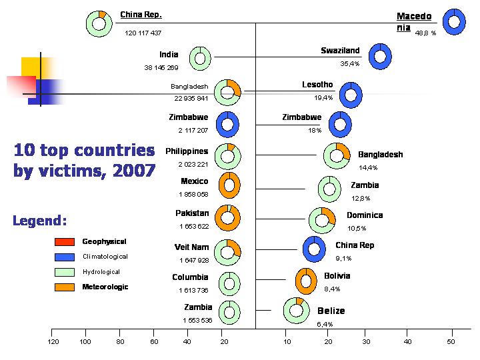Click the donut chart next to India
coord(200,58)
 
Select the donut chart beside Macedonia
coord(454,22)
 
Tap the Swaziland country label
coord(340,51)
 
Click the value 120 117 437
coord(143,33)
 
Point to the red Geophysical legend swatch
coord(64,241)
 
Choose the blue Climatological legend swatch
coord(64,257)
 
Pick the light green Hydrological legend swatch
coord(64,272)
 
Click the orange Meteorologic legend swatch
coord(64,287)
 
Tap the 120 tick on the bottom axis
coord(53,341)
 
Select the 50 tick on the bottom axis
coord(451,341)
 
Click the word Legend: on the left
coord(40,220)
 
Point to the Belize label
coord(331,311)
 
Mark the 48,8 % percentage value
coord(425,33)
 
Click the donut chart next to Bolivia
coord(306,281)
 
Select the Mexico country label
coord(195,181)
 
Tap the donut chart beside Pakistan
coord(229,217)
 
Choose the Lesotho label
coord(317,85)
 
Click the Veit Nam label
coord(192,247)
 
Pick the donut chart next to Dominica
coord(323,219)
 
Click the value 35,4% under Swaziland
coord(350,64)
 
